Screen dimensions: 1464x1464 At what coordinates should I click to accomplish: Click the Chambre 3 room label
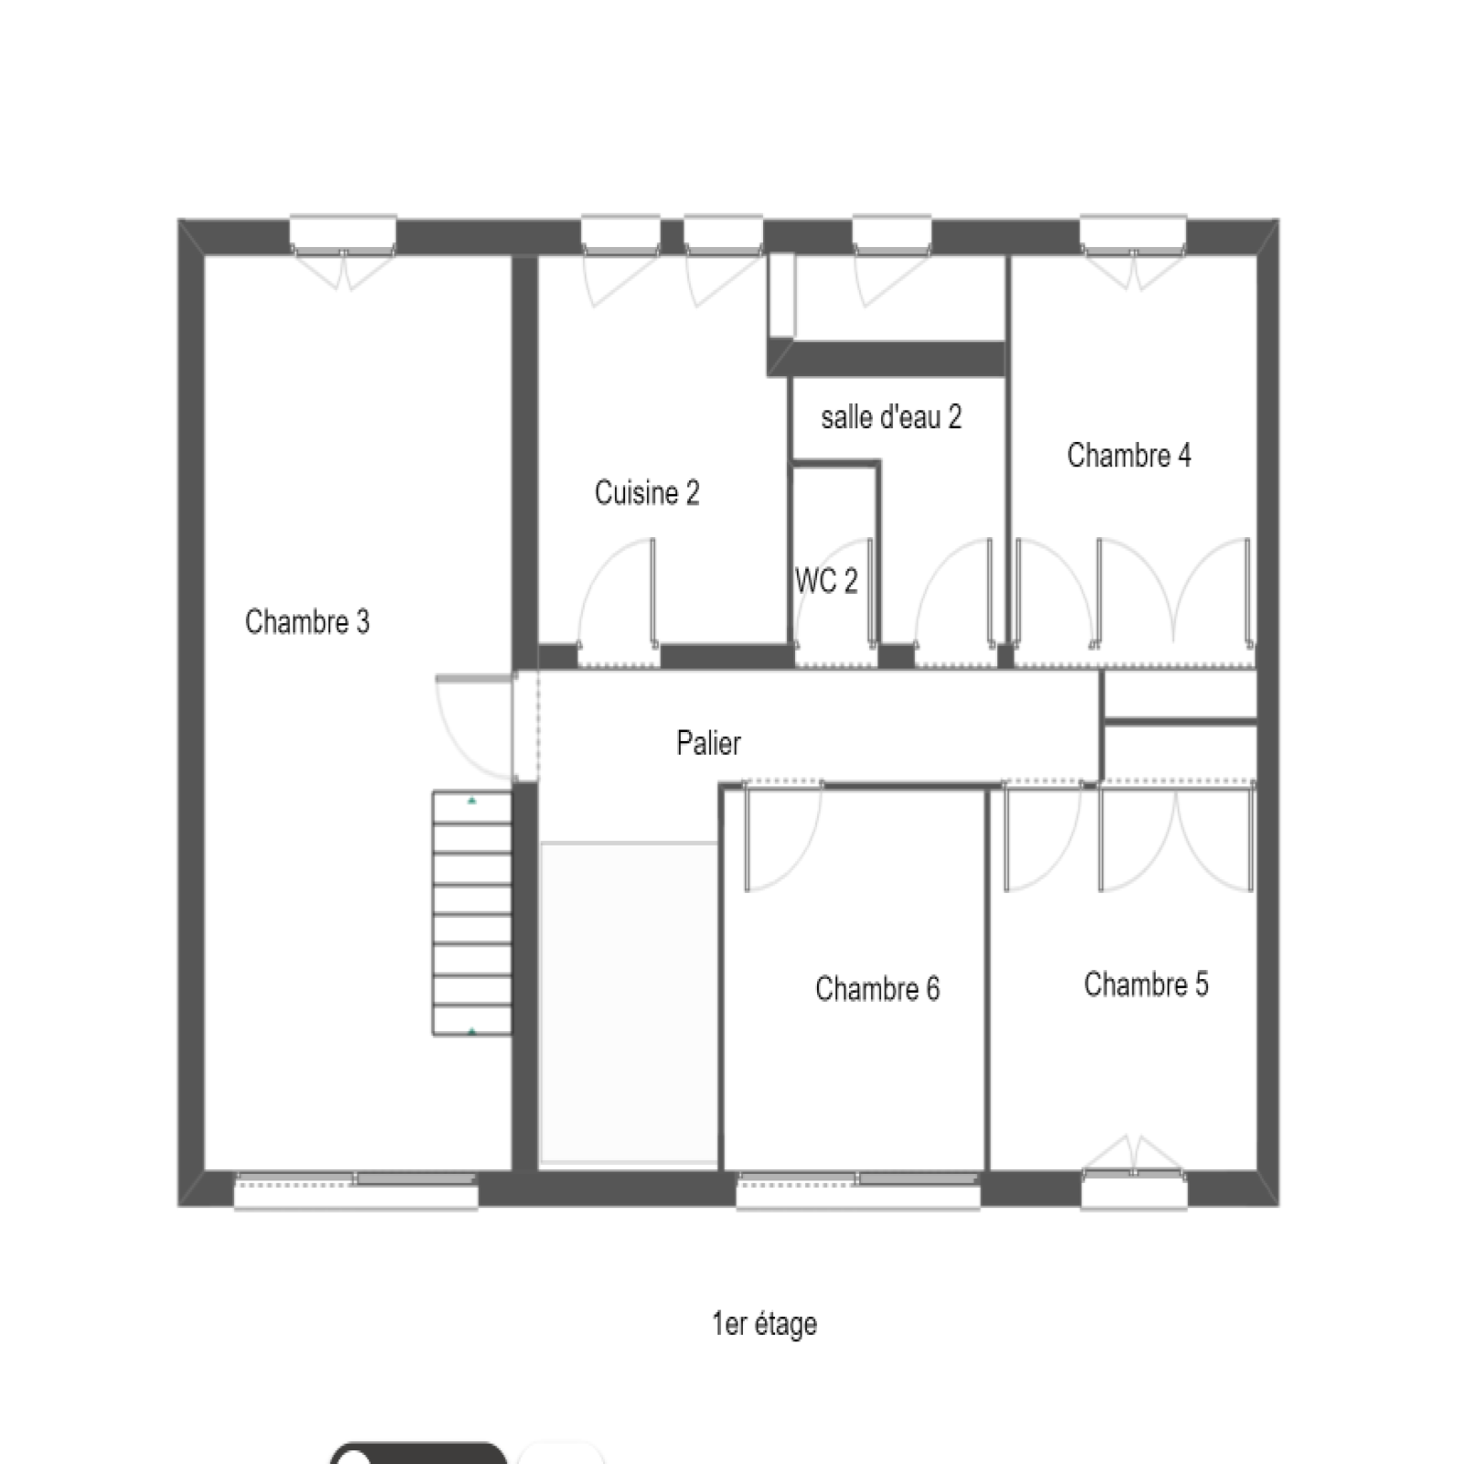[307, 622]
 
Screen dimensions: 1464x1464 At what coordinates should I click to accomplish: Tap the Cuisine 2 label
[647, 493]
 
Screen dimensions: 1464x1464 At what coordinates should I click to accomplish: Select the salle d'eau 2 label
[891, 417]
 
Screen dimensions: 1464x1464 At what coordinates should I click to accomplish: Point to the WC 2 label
[826, 581]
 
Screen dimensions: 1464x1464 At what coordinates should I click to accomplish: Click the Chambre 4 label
[1129, 455]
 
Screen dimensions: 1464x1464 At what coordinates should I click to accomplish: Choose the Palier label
[708, 743]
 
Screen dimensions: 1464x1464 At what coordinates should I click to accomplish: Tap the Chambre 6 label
[877, 989]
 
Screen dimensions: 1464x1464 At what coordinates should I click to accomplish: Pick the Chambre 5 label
[1146, 985]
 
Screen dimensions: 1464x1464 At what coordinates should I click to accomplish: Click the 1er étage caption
[764, 1324]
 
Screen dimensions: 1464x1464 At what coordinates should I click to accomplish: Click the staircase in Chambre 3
[472, 913]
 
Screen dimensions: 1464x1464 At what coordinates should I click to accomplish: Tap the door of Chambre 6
[783, 836]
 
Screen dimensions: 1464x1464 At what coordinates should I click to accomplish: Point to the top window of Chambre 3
[343, 236]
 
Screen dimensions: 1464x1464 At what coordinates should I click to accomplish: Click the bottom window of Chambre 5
[1134, 1189]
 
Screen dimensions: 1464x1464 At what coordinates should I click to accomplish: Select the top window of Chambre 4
[1134, 236]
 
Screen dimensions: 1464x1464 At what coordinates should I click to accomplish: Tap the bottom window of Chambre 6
[858, 1189]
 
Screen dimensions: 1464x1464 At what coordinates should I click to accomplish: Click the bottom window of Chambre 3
[356, 1189]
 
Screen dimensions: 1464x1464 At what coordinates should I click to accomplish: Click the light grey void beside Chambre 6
[629, 1004]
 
